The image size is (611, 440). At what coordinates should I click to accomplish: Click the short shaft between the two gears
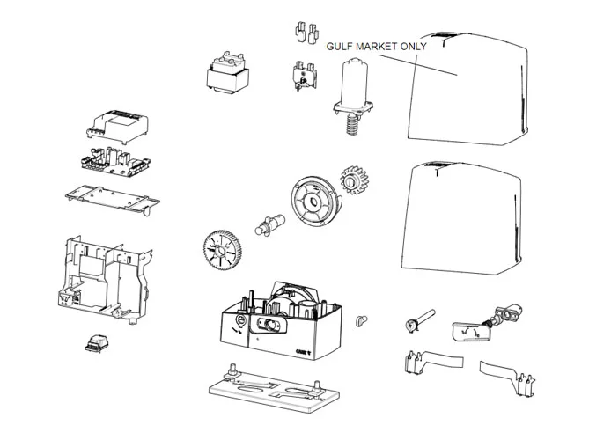pos(268,222)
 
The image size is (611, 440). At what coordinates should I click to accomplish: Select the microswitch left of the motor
pos(304,76)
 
